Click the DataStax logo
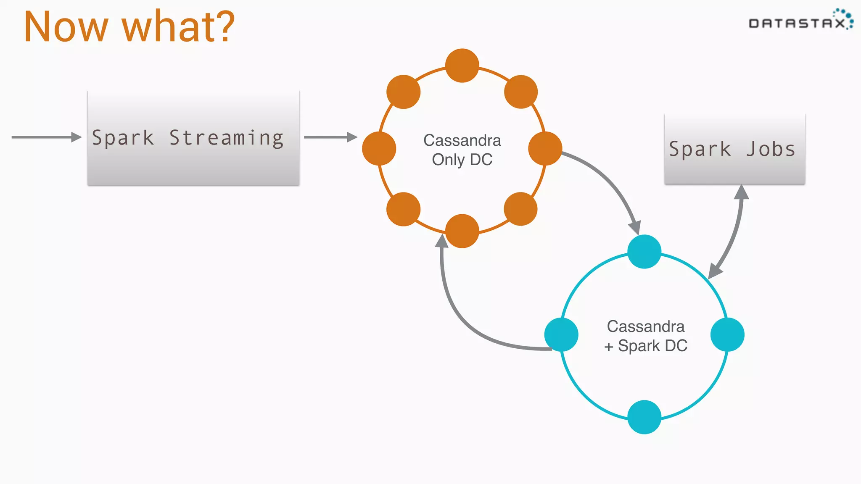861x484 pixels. [800, 20]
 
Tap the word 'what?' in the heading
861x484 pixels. [178, 27]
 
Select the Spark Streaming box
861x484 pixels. [193, 138]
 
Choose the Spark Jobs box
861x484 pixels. [734, 149]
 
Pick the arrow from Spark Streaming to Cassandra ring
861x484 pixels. [330, 137]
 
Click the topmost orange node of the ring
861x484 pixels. [462, 66]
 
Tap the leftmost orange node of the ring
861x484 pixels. [379, 148]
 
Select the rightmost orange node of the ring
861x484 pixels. [545, 148]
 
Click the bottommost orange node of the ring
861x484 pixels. [462, 231]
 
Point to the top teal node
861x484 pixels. [644, 251]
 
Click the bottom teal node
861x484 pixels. [644, 417]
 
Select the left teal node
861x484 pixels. [561, 334]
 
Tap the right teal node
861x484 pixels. [727, 334]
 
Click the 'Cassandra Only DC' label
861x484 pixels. [462, 150]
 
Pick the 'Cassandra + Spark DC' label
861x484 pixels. [645, 336]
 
